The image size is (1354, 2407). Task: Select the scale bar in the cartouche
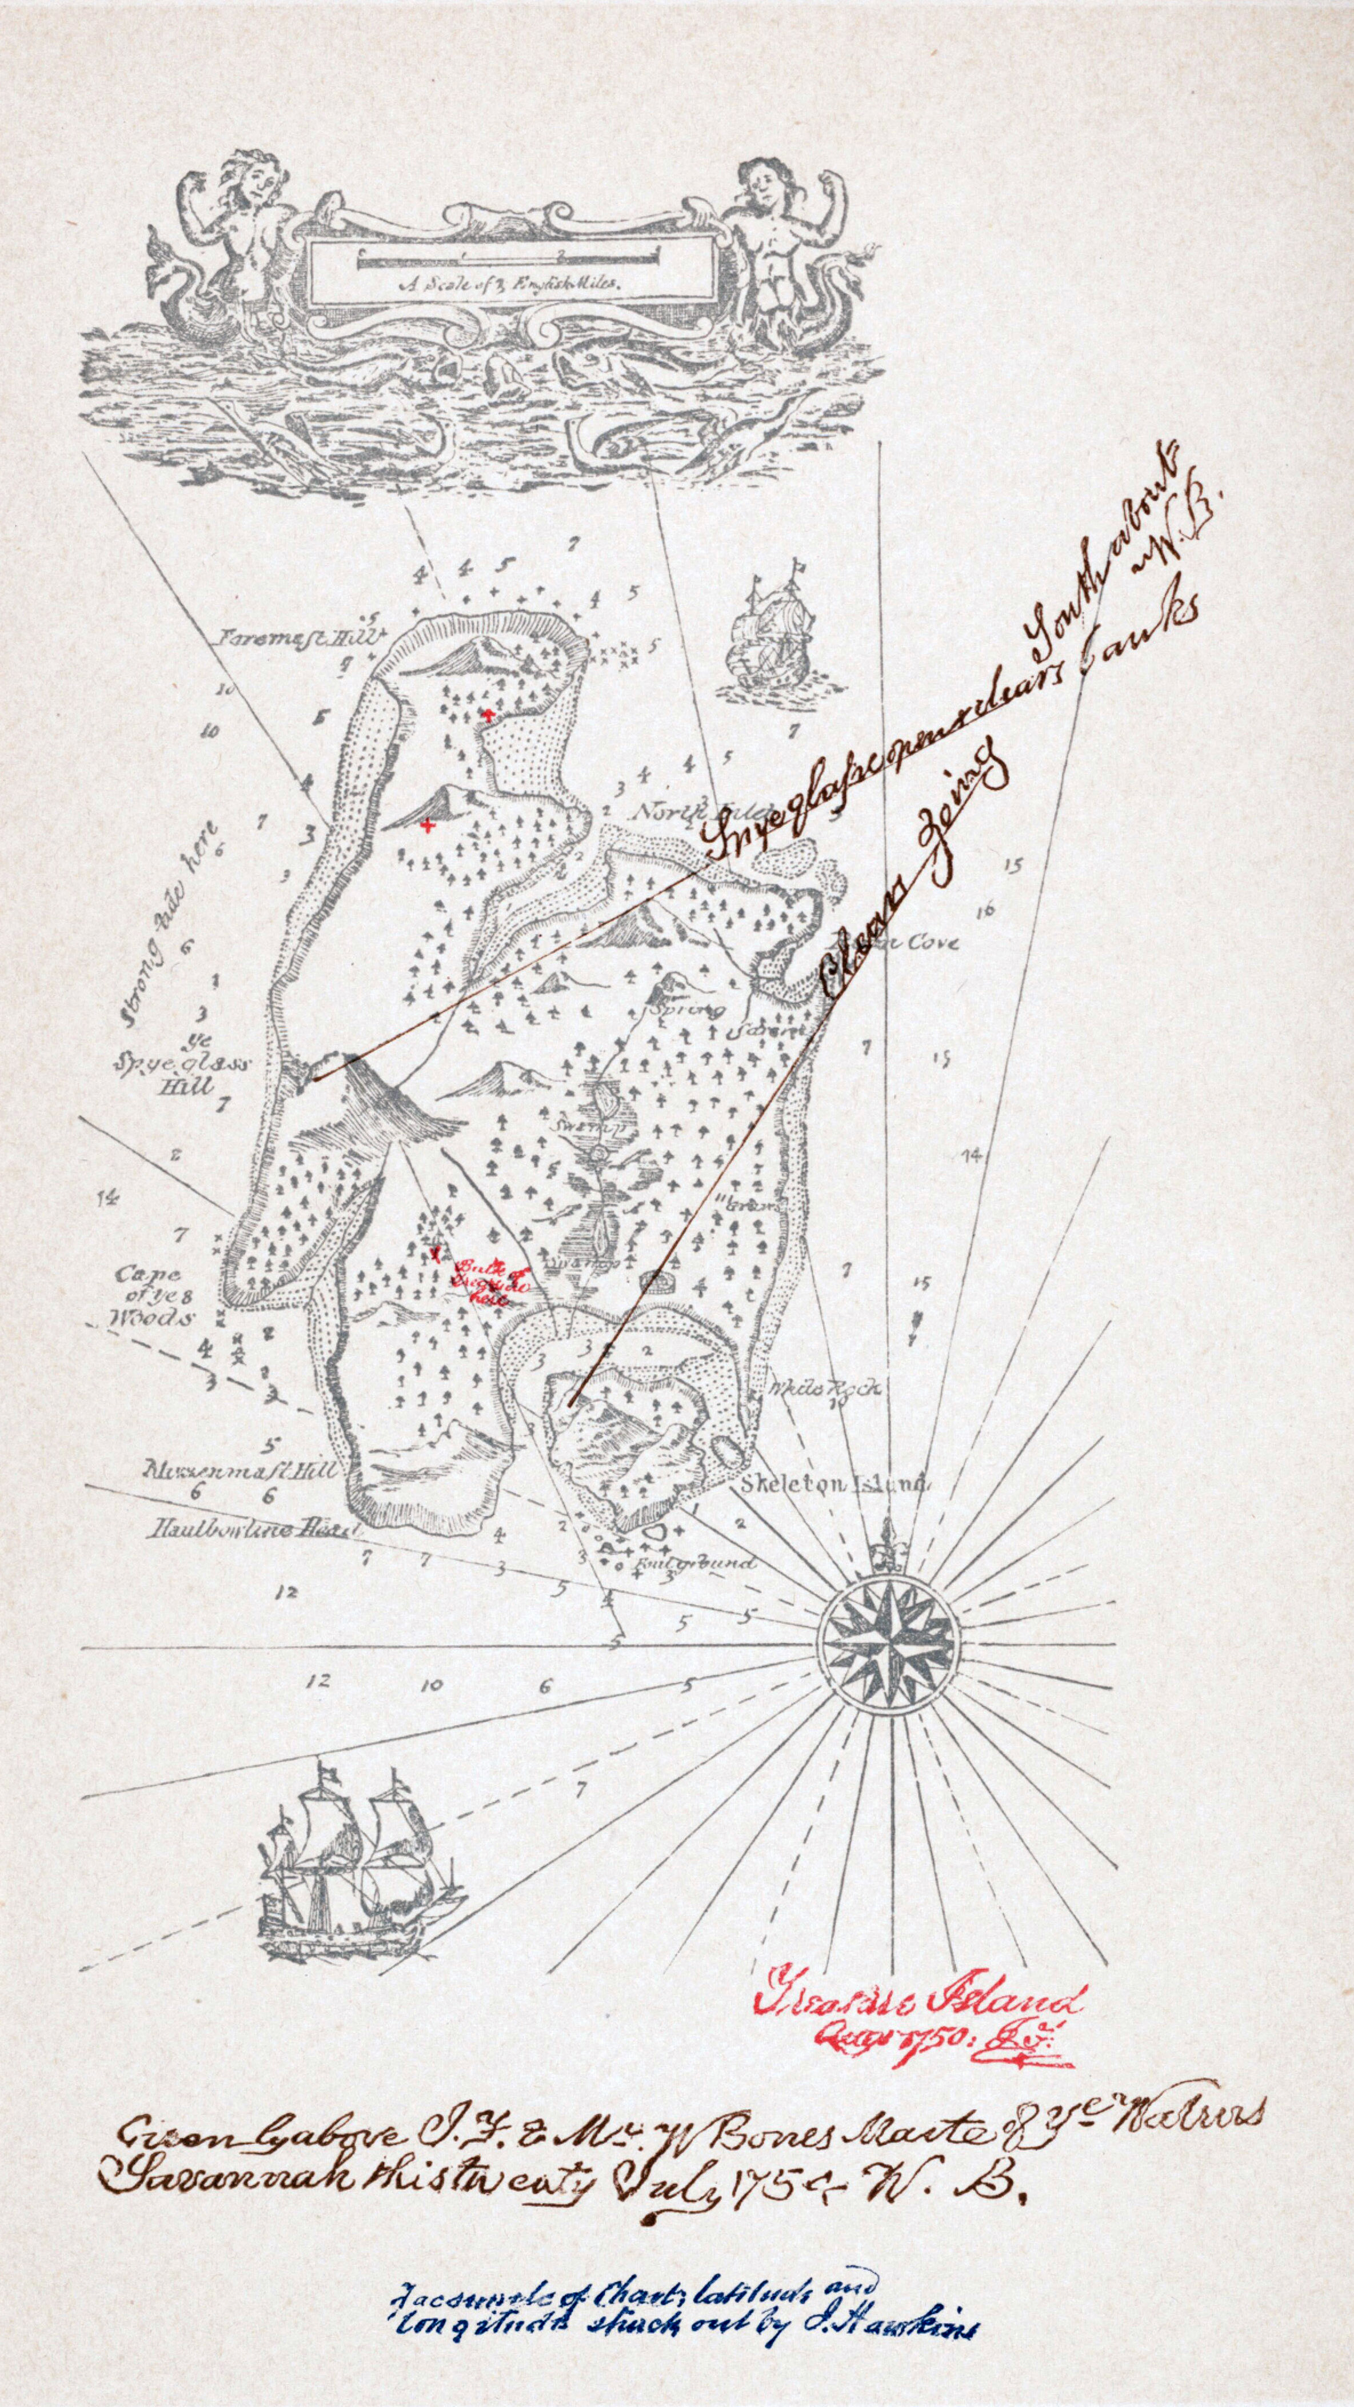(509, 260)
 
